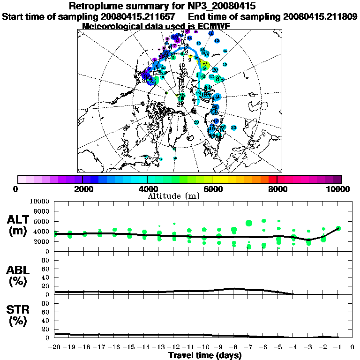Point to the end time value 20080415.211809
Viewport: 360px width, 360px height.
[x=321, y=16]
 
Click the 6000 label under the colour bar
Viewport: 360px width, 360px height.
[x=212, y=189]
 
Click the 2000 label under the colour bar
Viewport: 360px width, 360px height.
[x=82, y=189]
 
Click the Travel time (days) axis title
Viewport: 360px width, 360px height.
[x=205, y=355]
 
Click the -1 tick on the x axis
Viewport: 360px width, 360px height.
[x=337, y=347]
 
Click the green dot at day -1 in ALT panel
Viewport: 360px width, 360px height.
[x=338, y=228]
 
